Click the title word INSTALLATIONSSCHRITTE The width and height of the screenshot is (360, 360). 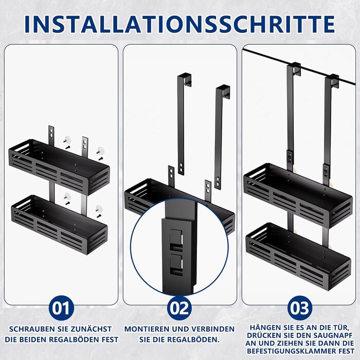(179, 24)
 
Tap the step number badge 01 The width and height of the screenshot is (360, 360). (61, 308)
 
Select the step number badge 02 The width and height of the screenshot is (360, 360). (179, 308)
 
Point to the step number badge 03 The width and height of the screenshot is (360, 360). (300, 308)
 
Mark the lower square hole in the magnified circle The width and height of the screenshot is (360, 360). (176, 264)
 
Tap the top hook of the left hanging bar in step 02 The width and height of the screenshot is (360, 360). (185, 79)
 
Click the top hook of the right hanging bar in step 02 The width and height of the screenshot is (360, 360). (223, 91)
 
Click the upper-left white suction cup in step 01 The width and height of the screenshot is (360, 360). (67, 139)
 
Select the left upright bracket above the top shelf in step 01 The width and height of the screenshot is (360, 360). (51, 136)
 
